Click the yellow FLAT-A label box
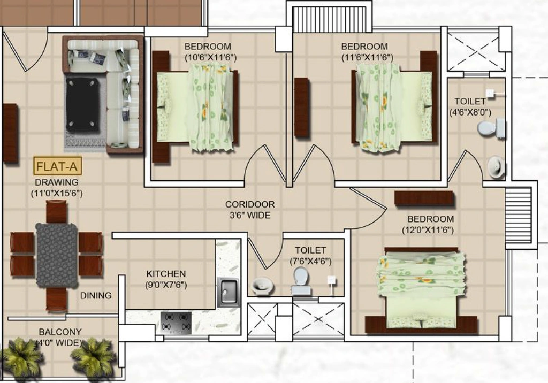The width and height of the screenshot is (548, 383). click(x=57, y=166)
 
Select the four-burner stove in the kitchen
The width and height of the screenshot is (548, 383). click(x=176, y=323)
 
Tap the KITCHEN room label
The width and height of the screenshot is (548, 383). click(x=166, y=274)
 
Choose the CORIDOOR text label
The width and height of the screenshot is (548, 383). click(x=250, y=204)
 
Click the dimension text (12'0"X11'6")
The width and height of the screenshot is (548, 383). click(x=428, y=231)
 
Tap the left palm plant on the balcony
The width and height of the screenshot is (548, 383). click(x=21, y=356)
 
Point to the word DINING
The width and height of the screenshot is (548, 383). click(x=96, y=296)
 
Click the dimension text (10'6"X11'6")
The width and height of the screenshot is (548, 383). click(x=210, y=58)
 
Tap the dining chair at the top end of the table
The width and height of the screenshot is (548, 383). click(x=57, y=212)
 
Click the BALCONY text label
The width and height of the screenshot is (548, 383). click(x=60, y=332)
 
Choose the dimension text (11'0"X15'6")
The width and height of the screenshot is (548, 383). click(x=57, y=194)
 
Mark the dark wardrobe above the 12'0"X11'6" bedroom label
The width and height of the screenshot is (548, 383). click(x=424, y=198)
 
